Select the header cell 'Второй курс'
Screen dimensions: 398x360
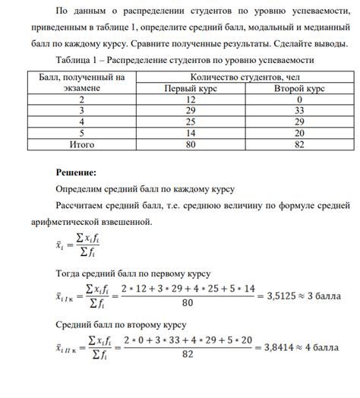[300, 89]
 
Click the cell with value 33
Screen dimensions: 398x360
[301, 111]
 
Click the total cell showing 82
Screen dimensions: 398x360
[301, 144]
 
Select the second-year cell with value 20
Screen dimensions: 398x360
[301, 133]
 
